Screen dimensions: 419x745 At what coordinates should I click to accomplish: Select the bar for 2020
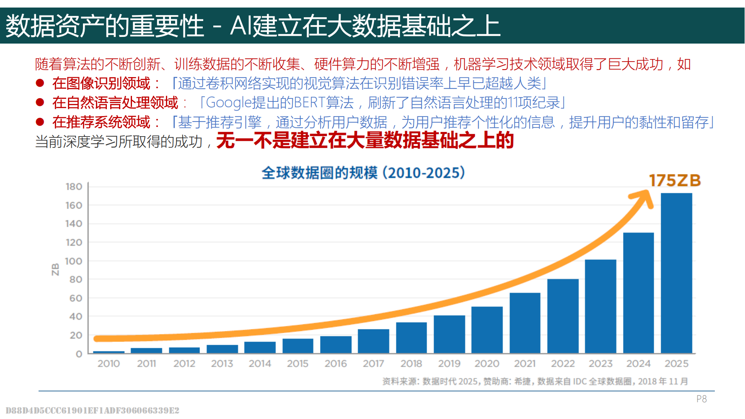487,330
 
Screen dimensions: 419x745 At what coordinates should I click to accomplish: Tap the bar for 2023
600,306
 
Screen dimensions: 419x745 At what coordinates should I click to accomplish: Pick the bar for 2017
373,341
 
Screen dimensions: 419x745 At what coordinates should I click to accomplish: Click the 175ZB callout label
675,181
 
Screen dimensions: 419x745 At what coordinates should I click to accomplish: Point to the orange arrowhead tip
647,194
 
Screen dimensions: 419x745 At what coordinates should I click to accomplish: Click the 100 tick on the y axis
74,261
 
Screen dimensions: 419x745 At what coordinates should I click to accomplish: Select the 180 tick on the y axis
74,186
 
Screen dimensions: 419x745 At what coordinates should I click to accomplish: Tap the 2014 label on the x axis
260,364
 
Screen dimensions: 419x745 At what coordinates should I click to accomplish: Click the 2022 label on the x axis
563,364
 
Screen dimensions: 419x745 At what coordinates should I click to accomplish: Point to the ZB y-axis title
55,269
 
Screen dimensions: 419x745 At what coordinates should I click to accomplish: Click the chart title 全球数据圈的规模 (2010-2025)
363,173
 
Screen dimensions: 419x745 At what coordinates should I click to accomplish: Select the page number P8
701,399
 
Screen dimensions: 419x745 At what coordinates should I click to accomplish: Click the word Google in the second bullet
228,103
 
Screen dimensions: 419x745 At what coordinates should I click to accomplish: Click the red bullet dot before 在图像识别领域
40,83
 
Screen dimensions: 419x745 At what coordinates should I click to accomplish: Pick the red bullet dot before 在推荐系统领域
40,122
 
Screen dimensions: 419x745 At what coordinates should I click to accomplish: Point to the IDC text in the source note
579,381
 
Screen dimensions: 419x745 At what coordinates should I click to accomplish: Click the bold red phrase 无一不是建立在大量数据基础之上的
365,140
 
